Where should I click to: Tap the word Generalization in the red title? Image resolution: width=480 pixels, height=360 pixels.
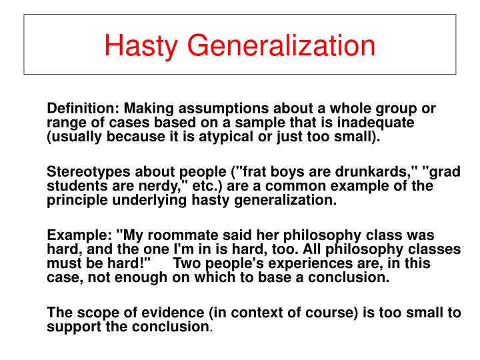tap(281, 45)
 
